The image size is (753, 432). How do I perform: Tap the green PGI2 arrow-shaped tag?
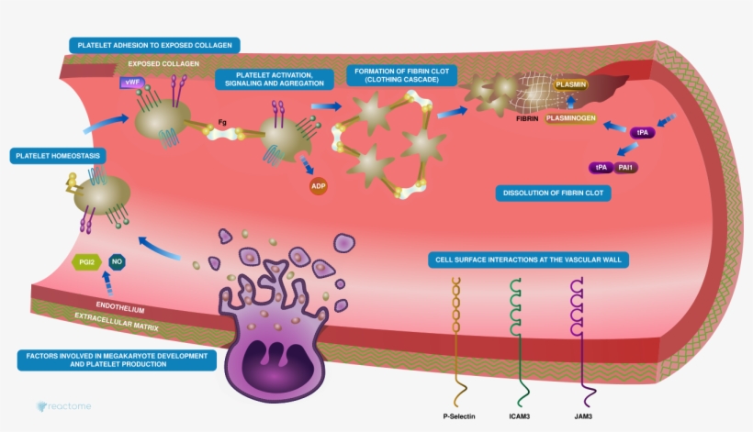pyautogui.click(x=86, y=262)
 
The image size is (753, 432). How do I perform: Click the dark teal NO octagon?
pyautogui.click(x=117, y=262)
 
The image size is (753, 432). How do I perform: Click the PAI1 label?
pyautogui.click(x=628, y=167)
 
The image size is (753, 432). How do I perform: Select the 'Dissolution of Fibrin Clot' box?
pyautogui.click(x=553, y=194)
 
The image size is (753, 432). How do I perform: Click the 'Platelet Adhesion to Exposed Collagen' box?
pyautogui.click(x=155, y=44)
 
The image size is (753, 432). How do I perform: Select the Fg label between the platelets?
pyautogui.click(x=221, y=120)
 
